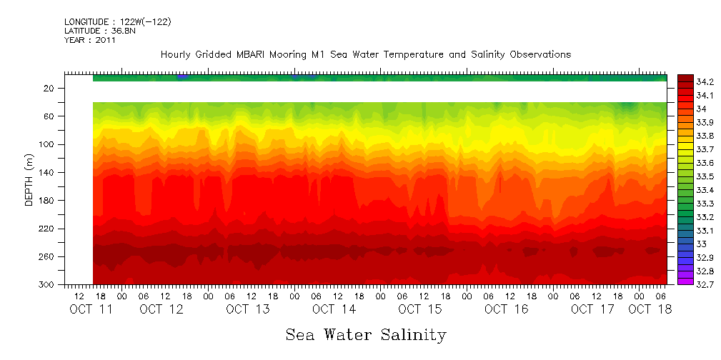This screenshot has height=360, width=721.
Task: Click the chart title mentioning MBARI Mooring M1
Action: tap(365, 54)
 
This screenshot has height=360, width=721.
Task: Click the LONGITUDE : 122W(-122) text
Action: tap(117, 22)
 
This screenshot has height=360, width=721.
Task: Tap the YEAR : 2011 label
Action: tap(89, 41)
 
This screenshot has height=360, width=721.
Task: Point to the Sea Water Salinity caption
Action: tap(366, 334)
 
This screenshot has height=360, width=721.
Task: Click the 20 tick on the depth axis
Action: tap(49, 88)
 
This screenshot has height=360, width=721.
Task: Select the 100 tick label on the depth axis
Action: tap(47, 144)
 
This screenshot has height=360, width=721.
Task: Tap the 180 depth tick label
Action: tap(47, 201)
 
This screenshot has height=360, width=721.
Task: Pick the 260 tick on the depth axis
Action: tap(47, 256)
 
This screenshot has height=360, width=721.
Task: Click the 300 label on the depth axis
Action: tap(47, 285)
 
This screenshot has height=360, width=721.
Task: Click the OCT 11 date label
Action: tap(91, 309)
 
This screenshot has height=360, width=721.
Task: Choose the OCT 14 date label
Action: tap(334, 309)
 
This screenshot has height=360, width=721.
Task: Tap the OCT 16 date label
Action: tap(506, 309)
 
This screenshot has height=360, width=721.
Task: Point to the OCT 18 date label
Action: tap(650, 309)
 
